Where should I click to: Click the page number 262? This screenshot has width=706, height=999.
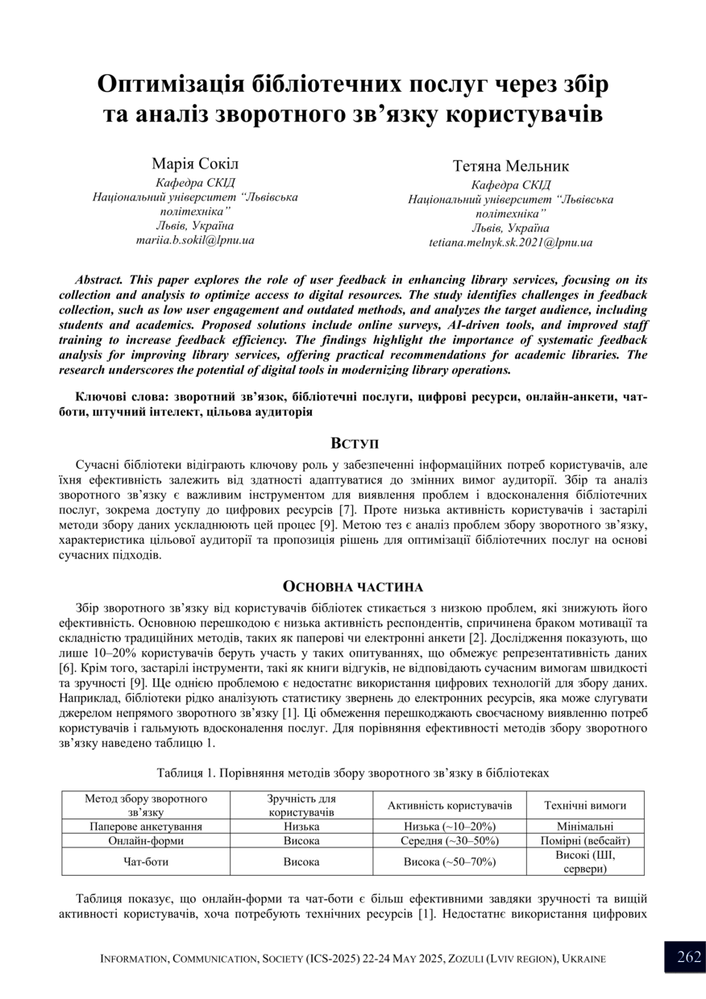coord(689,957)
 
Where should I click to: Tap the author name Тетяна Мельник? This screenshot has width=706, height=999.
coord(510,166)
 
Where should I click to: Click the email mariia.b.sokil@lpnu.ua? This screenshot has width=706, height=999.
coord(195,240)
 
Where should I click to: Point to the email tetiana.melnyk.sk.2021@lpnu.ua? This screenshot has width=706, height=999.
coord(510,242)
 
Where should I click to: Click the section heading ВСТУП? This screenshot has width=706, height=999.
coord(353,443)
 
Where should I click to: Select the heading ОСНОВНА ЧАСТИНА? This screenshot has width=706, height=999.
coord(353,587)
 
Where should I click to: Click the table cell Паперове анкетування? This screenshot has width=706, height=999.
coord(146,827)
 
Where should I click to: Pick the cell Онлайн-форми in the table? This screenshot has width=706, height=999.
coord(146,840)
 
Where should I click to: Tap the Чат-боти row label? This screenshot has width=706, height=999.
coord(146,861)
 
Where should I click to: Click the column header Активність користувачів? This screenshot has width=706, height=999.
coord(450,806)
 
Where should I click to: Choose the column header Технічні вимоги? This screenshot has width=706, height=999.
coord(585,806)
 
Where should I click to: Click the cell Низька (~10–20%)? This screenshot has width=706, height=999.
coord(450,827)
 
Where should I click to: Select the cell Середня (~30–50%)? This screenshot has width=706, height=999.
coord(450,840)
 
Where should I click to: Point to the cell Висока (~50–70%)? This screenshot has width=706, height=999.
coord(450,861)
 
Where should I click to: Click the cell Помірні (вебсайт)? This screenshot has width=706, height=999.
coord(585,840)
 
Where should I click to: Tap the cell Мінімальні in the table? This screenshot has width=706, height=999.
coord(585,827)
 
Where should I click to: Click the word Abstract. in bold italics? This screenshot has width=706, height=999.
coord(98,280)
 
